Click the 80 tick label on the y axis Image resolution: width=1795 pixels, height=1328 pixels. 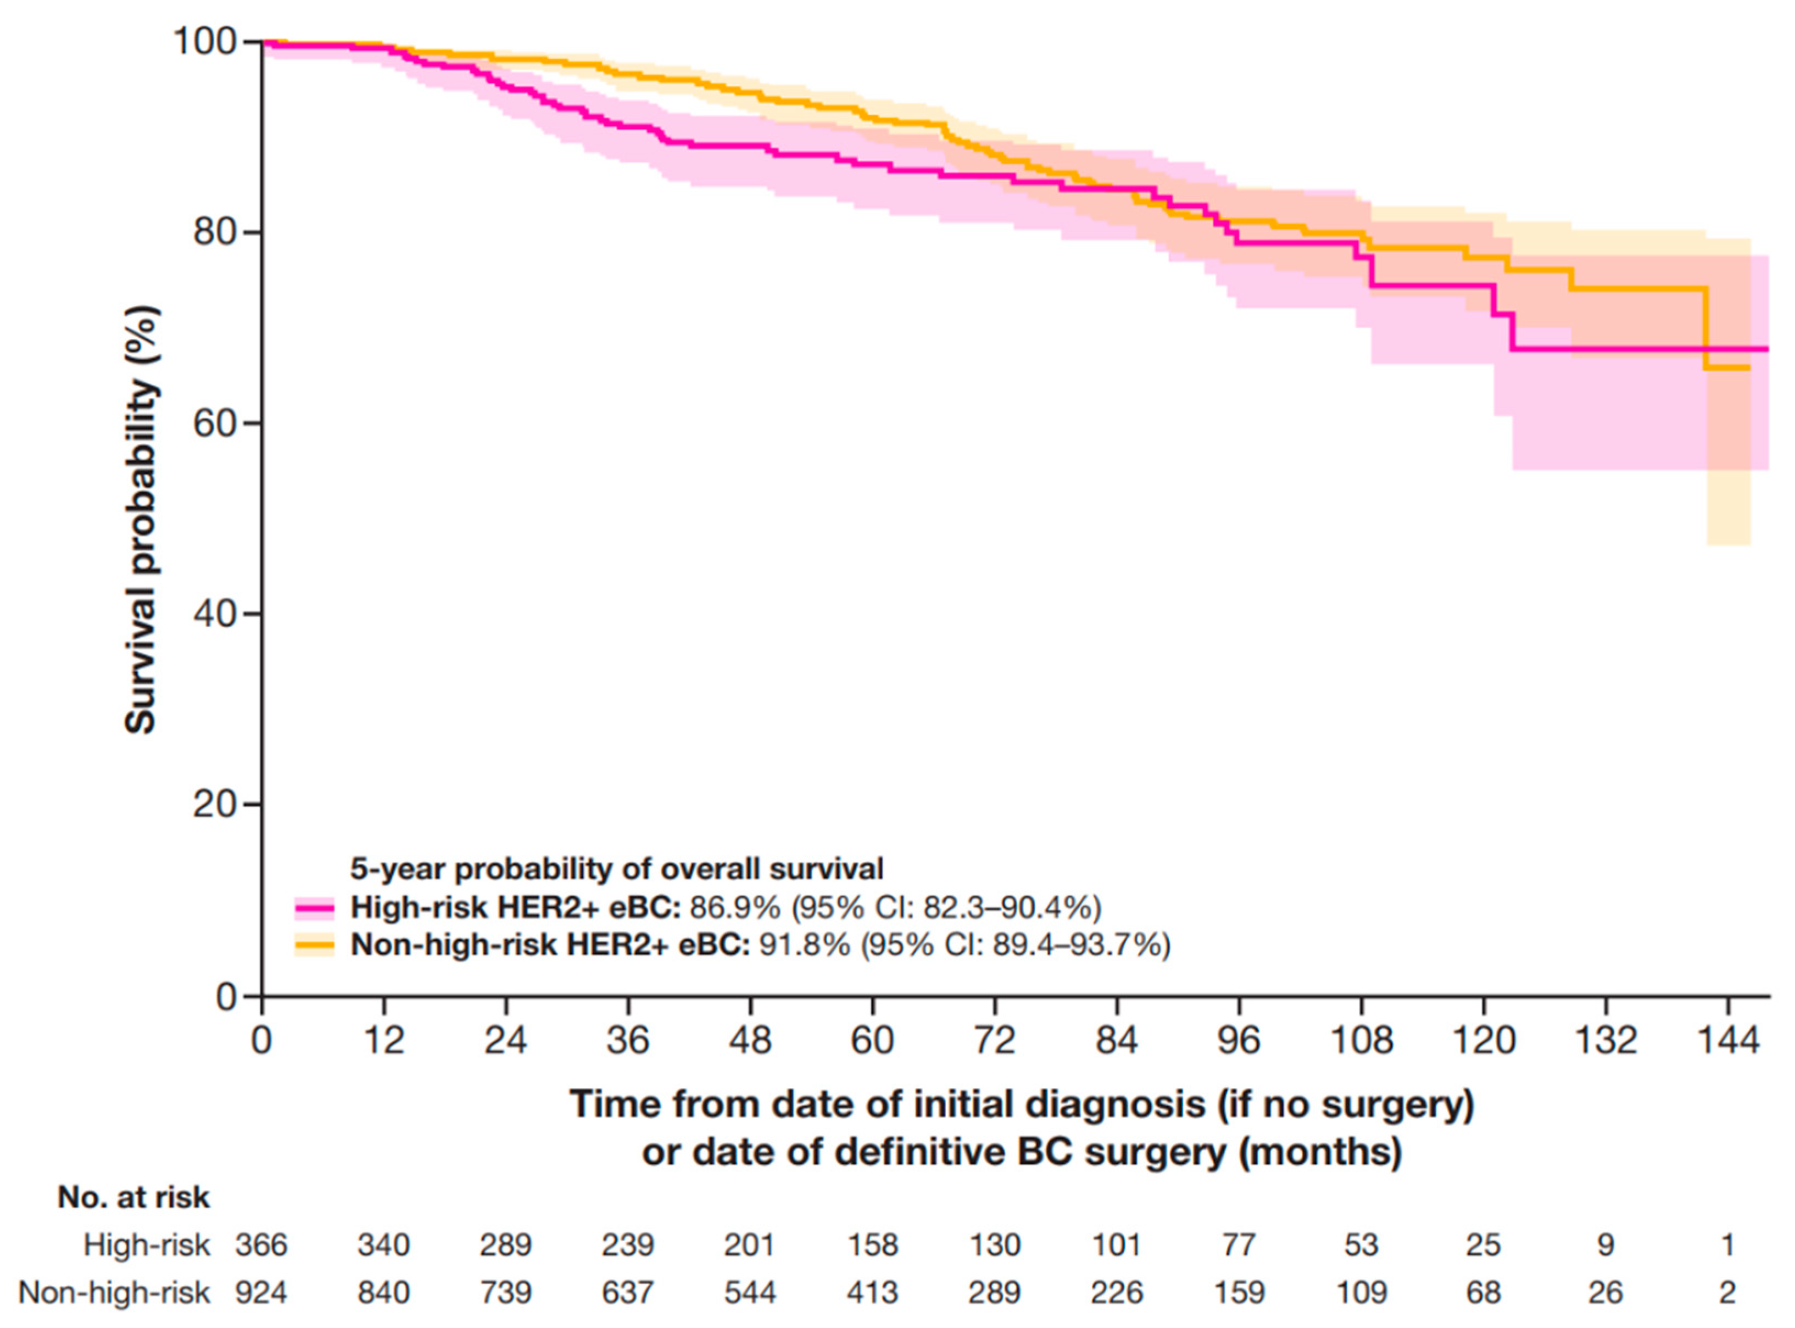coord(215,232)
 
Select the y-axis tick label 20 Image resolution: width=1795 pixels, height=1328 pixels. coord(215,805)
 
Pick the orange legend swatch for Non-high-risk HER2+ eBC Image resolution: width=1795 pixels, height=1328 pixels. coord(314,945)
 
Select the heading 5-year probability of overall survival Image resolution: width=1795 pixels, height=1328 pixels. coord(617,869)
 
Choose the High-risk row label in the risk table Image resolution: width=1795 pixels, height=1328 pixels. coord(146,1245)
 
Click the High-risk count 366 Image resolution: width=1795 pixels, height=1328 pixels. coord(261,1245)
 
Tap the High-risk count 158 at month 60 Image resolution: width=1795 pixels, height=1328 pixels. coord(872,1245)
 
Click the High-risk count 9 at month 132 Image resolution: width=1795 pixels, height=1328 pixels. coord(1606,1245)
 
